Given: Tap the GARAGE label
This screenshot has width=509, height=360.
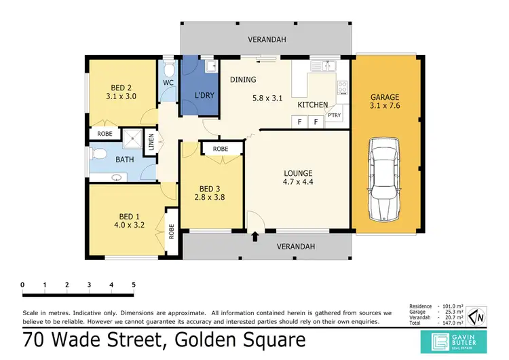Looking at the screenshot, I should [x=384, y=97].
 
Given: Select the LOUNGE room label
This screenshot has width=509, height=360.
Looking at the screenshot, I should [x=297, y=173].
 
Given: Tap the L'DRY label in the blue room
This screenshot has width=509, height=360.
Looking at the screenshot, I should [x=204, y=95].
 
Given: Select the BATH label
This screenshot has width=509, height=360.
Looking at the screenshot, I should [x=124, y=160].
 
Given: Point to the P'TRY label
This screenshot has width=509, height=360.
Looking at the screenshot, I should [x=335, y=115].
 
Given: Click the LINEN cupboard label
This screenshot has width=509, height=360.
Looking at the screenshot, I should [x=152, y=143].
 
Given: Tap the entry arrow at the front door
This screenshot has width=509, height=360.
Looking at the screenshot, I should [x=255, y=237].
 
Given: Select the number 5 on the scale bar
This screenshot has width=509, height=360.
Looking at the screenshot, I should [x=133, y=284].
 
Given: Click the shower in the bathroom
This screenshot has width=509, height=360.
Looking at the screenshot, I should [x=135, y=141].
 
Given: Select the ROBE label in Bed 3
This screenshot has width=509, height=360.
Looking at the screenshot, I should [x=220, y=149].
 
